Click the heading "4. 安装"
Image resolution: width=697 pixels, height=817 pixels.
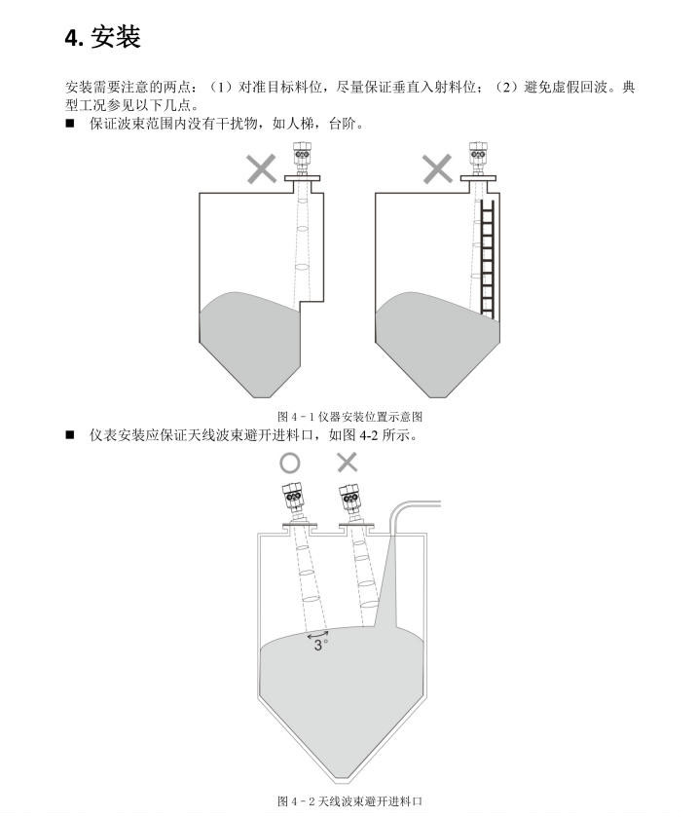click(102, 37)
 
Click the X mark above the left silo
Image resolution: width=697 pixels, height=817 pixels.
click(261, 168)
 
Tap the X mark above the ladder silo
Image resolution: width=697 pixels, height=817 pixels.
click(437, 168)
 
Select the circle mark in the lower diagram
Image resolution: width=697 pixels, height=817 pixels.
click(290, 463)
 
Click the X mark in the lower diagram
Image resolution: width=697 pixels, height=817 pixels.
click(347, 463)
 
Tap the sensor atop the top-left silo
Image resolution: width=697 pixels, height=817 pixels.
click(301, 161)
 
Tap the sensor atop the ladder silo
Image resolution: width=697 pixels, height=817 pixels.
click(477, 161)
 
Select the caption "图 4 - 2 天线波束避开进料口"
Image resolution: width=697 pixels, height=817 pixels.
click(349, 800)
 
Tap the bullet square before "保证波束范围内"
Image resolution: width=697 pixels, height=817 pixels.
click(70, 124)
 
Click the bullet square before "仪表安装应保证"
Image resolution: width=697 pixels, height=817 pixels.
click(70, 434)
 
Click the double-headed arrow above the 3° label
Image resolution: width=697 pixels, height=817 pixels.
click(317, 633)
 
